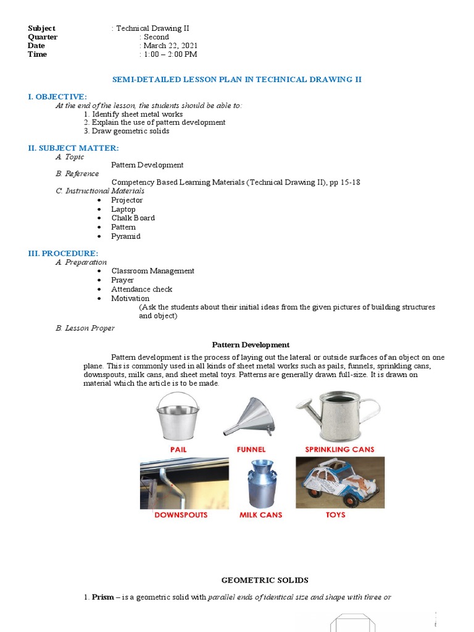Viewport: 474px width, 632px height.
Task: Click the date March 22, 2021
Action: coord(170,46)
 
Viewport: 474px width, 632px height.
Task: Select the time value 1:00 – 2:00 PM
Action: coord(170,54)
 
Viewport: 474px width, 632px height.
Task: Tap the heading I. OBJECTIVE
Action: coord(57,97)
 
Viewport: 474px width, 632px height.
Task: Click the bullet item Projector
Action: coord(127,200)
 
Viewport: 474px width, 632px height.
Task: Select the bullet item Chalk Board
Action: coord(133,218)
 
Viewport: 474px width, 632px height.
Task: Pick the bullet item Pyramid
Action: coord(126,236)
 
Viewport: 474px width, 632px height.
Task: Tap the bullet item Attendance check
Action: coord(141,289)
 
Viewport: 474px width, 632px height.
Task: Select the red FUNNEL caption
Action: coord(251,449)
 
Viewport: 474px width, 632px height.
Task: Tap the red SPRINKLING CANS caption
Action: coord(339,449)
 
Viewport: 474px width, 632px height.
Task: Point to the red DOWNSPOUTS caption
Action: coord(181,514)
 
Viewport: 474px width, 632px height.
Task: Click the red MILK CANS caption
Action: coord(260,514)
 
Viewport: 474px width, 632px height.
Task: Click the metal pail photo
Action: coord(178,417)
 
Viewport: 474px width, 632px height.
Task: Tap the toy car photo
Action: coord(340,482)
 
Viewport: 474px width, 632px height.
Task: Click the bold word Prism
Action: coord(102,597)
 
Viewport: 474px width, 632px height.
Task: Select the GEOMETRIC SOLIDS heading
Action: coord(265,580)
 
